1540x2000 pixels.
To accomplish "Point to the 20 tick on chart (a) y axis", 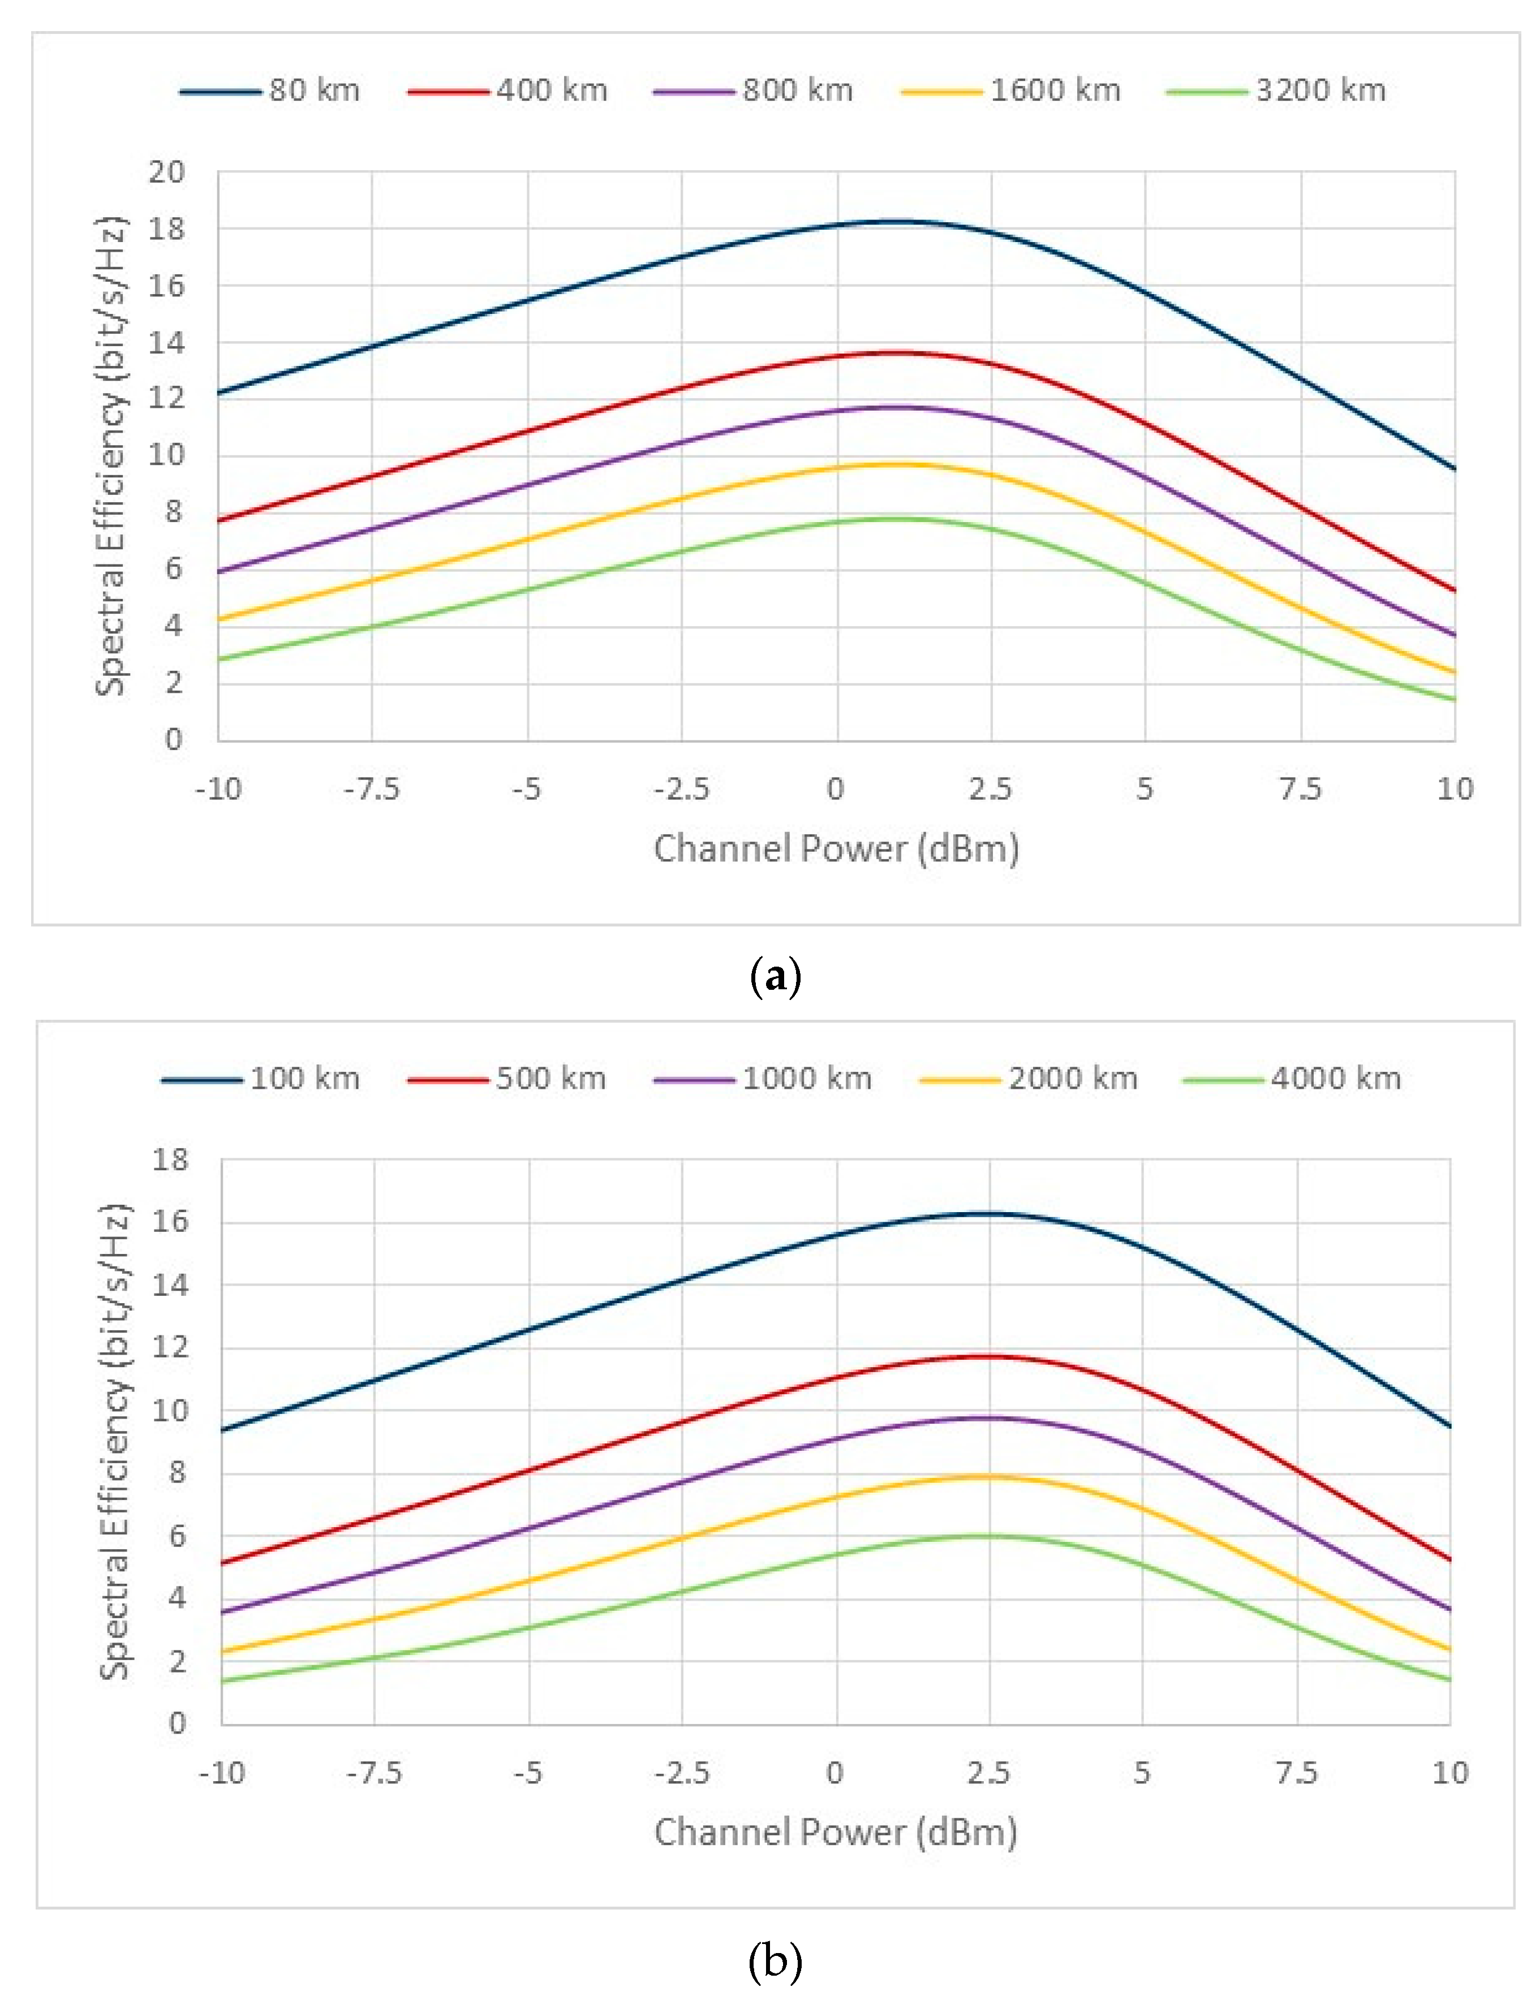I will coord(167,172).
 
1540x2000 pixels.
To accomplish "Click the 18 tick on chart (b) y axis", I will coord(170,1160).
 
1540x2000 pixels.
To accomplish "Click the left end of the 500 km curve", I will coord(222,1563).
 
